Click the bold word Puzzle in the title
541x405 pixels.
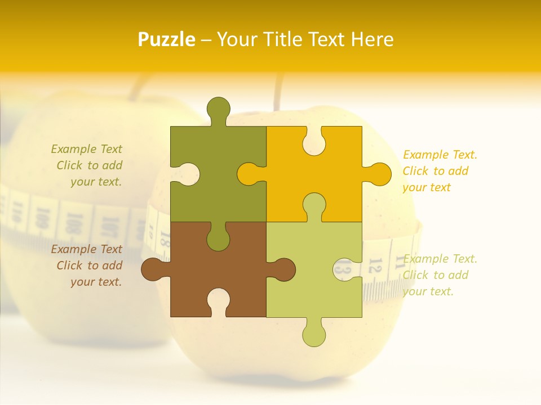[x=166, y=39]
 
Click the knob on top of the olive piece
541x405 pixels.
[x=219, y=109]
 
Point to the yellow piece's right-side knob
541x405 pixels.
[x=379, y=174]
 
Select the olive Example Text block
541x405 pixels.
[x=87, y=165]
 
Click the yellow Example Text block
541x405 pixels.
[x=440, y=171]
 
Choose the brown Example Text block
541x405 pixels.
[x=87, y=265]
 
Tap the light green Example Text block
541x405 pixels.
[x=440, y=275]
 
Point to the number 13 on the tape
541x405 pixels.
[x=343, y=267]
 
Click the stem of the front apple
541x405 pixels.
[x=278, y=93]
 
